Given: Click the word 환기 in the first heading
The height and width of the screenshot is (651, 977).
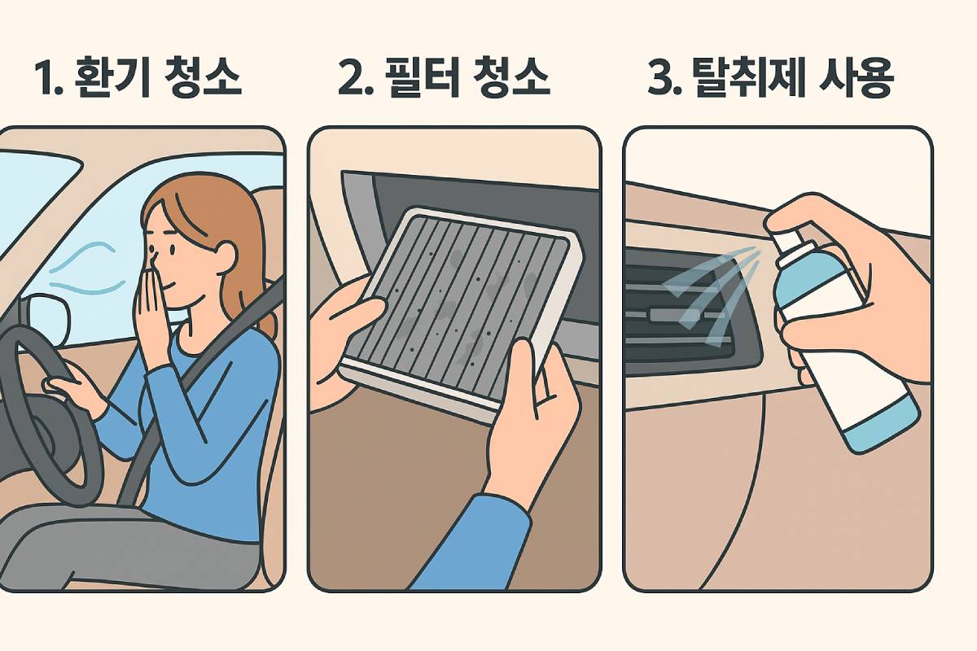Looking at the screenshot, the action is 112,78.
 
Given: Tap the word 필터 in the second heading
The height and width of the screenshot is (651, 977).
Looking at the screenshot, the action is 421,78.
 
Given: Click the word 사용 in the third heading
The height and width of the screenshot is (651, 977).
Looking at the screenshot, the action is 856,78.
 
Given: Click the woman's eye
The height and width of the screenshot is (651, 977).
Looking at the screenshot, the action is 172,250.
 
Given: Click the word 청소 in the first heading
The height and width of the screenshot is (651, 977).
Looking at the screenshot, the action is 204,78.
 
